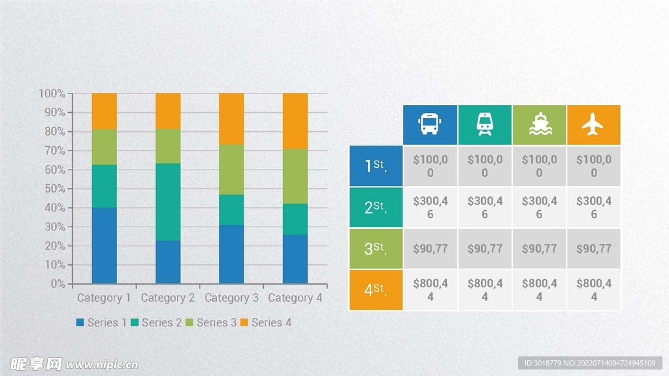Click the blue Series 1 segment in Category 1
pyautogui.click(x=104, y=245)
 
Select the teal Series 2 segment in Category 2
pyautogui.click(x=168, y=202)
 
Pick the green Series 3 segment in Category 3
pyautogui.click(x=231, y=170)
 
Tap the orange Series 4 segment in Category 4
pyautogui.click(x=295, y=121)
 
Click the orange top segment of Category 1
pyautogui.click(x=104, y=111)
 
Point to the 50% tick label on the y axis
pyautogui.click(x=52, y=189)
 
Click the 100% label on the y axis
pyautogui.click(x=52, y=94)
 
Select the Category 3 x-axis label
pyautogui.click(x=231, y=298)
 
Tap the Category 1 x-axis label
pyautogui.click(x=104, y=298)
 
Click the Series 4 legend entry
pyautogui.click(x=266, y=322)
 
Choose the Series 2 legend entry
pyautogui.click(x=156, y=322)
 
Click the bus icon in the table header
pyautogui.click(x=429, y=124)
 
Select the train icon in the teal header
pyautogui.click(x=485, y=124)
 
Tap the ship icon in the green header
pyautogui.click(x=539, y=124)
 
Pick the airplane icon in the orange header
pyautogui.click(x=593, y=124)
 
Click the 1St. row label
pyautogui.click(x=376, y=166)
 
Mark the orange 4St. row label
pyautogui.click(x=376, y=290)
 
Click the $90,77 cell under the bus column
pyautogui.click(x=430, y=249)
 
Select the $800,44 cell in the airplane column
pyautogui.click(x=593, y=290)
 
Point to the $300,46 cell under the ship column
pyautogui.click(x=539, y=208)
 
